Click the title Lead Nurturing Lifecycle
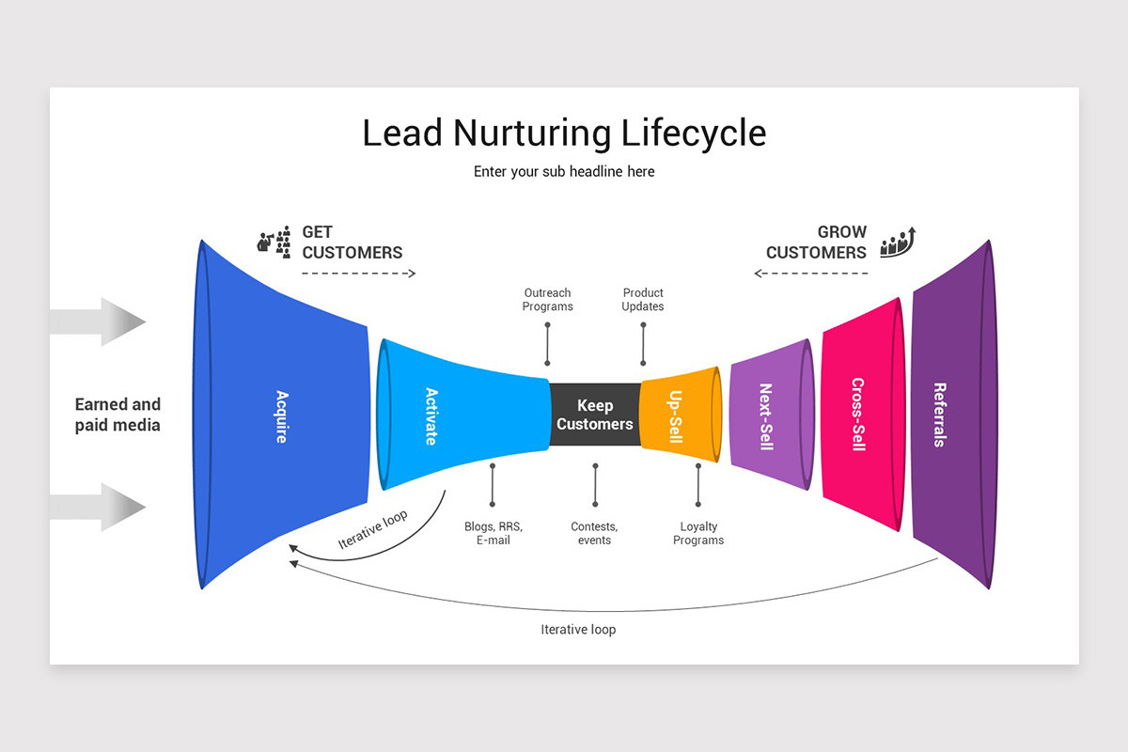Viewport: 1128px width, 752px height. point(564,133)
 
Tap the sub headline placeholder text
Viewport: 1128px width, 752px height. point(564,172)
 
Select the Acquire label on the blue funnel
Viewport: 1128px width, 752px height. point(283,416)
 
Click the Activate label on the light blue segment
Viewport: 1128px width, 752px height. point(431,416)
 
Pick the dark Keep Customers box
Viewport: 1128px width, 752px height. point(595,415)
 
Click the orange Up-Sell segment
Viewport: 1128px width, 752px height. point(680,415)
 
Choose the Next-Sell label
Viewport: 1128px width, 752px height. point(766,416)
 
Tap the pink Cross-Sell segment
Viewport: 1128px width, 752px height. point(863,414)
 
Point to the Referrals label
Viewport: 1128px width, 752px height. point(940,415)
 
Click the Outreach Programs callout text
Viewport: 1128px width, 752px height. point(547,300)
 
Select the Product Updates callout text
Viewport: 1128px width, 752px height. point(643,300)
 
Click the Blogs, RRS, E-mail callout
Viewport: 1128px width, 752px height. point(493,533)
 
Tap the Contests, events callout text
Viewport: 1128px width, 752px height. point(594,533)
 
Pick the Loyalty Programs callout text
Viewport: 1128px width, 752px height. point(698,533)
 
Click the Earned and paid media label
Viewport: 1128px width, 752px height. point(117,415)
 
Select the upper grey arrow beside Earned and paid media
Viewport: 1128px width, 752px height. point(98,321)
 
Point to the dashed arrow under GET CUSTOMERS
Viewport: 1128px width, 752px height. point(358,274)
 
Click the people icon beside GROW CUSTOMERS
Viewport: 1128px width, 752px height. point(898,243)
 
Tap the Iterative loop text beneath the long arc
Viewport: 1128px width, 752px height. point(578,630)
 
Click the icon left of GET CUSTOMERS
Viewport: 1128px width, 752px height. point(274,243)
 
